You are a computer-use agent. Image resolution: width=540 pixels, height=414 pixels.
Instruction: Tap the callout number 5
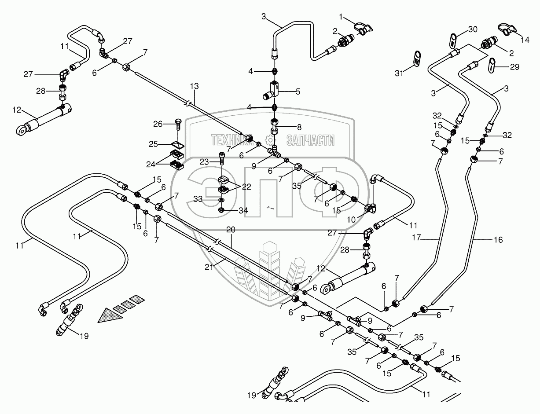point(298,92)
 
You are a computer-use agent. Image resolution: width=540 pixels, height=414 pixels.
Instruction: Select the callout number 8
point(299,128)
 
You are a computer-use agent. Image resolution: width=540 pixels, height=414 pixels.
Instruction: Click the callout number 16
point(498,240)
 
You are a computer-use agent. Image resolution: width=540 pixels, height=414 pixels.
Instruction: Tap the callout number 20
point(231,229)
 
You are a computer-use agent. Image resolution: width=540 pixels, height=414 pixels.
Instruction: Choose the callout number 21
point(209,267)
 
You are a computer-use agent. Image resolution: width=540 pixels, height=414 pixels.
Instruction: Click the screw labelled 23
point(222,157)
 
